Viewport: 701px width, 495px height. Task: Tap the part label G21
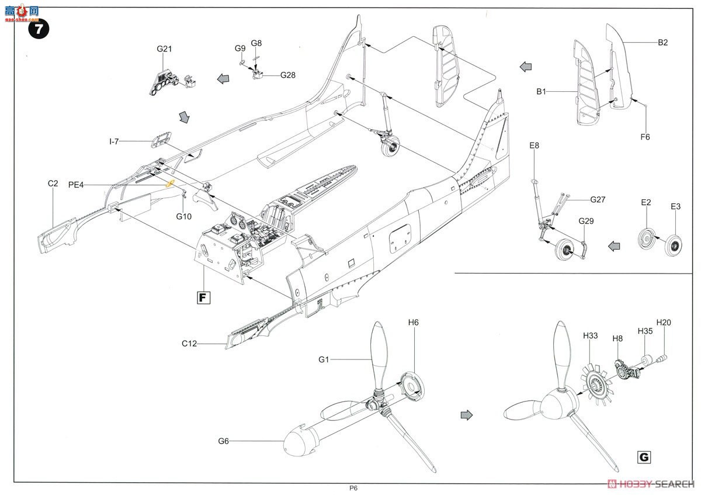point(164,49)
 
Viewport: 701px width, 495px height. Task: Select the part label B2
point(662,43)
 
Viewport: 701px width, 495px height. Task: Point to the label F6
point(644,137)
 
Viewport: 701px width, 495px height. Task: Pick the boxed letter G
point(644,458)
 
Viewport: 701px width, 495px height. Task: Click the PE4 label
point(75,185)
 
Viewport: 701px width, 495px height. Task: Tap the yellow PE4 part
point(170,184)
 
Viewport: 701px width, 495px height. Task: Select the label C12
point(189,344)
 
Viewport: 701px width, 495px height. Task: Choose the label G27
point(598,200)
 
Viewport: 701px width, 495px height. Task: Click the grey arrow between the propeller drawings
point(466,414)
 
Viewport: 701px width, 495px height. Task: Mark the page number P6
point(353,489)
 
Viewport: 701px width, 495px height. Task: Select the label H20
point(664,322)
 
